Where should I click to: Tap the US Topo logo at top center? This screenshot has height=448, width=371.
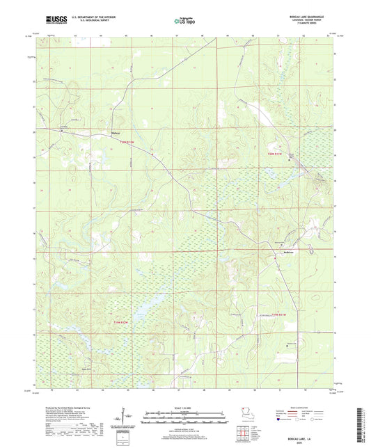(184, 21)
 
